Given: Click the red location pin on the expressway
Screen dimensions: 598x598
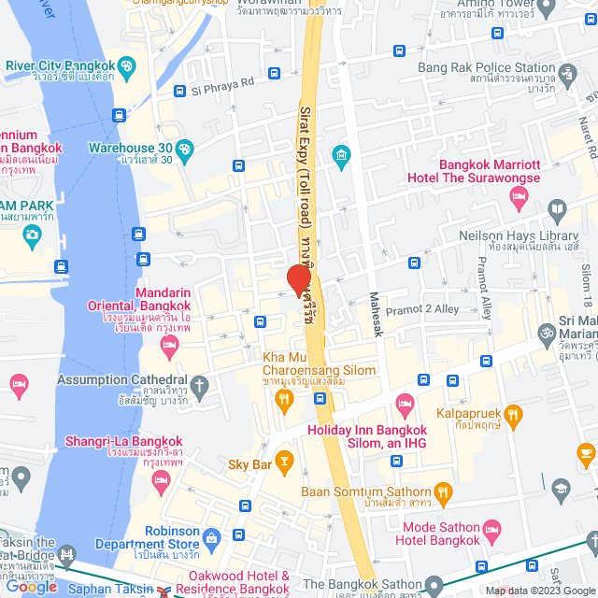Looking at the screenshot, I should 299,279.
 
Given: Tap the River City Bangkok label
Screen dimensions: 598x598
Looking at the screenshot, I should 60,65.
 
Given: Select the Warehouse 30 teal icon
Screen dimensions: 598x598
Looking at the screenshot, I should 185,148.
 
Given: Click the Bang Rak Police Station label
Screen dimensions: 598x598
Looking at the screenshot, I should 487,67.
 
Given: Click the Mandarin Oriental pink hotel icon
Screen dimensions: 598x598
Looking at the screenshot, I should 169,348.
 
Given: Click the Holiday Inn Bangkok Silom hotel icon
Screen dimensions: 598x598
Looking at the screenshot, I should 405,405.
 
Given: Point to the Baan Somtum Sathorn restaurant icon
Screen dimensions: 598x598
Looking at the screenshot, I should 443,491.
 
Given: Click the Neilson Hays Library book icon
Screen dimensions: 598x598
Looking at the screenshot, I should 556,209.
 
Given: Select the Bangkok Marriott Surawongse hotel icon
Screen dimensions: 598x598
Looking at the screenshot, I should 519,195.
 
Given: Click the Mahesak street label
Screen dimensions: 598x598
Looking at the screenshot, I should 375,313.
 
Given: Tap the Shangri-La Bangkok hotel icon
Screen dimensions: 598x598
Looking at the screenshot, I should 161,480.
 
